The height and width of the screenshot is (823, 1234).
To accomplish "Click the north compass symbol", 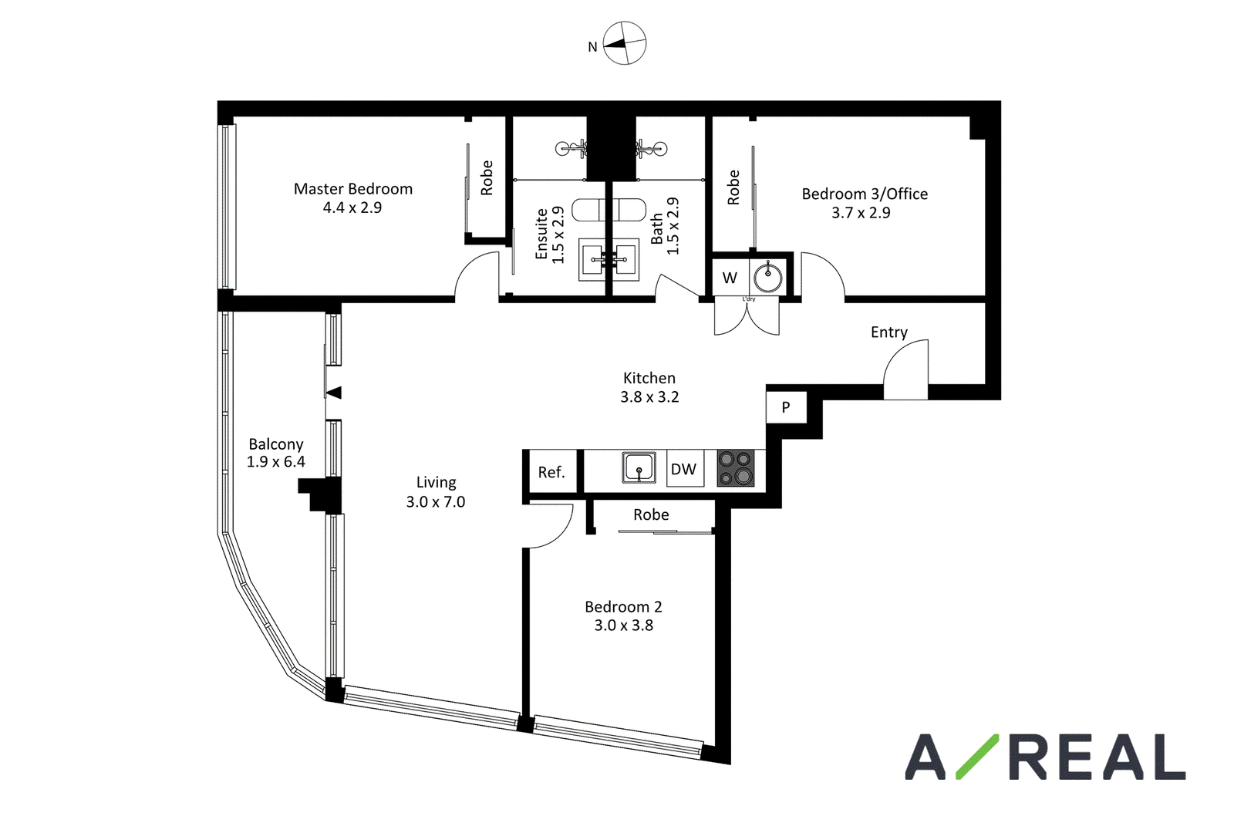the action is pyautogui.click(x=624, y=43).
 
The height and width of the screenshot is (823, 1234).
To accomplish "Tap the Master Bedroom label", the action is pyautogui.click(x=353, y=189).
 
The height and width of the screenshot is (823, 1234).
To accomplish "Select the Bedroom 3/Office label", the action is pyautogui.click(x=865, y=194).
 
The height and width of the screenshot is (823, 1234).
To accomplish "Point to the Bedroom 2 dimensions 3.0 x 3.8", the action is pyautogui.click(x=624, y=626).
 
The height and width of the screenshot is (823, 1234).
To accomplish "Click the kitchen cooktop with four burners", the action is pyautogui.click(x=736, y=468).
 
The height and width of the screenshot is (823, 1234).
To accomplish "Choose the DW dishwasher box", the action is pyautogui.click(x=685, y=468).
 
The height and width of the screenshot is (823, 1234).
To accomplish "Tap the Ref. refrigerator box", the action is pyautogui.click(x=551, y=471).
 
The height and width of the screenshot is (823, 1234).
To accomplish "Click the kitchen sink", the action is pyautogui.click(x=639, y=467).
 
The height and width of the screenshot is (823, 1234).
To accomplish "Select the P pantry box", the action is pyautogui.click(x=786, y=407).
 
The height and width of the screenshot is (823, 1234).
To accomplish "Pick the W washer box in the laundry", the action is pyautogui.click(x=730, y=278).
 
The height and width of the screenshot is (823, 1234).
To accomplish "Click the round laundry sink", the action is pyautogui.click(x=768, y=277).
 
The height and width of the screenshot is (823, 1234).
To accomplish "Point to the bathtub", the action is pyautogui.click(x=609, y=209).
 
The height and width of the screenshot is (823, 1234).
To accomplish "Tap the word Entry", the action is pyautogui.click(x=889, y=332).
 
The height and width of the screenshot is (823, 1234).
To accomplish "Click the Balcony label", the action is pyautogui.click(x=276, y=444).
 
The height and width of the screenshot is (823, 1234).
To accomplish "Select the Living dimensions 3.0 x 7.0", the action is pyautogui.click(x=436, y=502).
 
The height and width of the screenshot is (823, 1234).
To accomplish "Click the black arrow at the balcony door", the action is pyautogui.click(x=334, y=393).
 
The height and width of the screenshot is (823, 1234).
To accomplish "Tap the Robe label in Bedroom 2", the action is pyautogui.click(x=651, y=514).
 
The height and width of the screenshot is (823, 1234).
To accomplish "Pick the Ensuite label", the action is pyautogui.click(x=541, y=234).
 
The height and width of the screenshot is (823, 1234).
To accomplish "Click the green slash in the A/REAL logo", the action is pyautogui.click(x=976, y=757).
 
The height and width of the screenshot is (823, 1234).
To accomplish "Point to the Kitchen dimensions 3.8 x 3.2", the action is pyautogui.click(x=649, y=396).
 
